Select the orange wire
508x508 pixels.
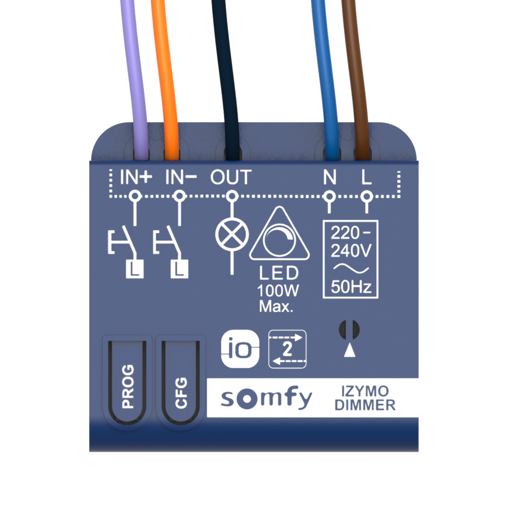[167, 74]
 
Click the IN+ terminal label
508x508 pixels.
[135, 178]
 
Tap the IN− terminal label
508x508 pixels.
[181, 178]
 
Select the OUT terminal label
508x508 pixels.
[231, 178]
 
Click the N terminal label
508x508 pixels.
[329, 178]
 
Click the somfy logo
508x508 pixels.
[266, 398]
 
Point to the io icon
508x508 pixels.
[240, 350]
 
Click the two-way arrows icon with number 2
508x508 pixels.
[288, 350]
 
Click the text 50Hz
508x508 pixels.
[351, 287]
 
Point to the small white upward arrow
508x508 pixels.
[350, 350]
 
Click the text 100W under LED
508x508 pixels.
[278, 291]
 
